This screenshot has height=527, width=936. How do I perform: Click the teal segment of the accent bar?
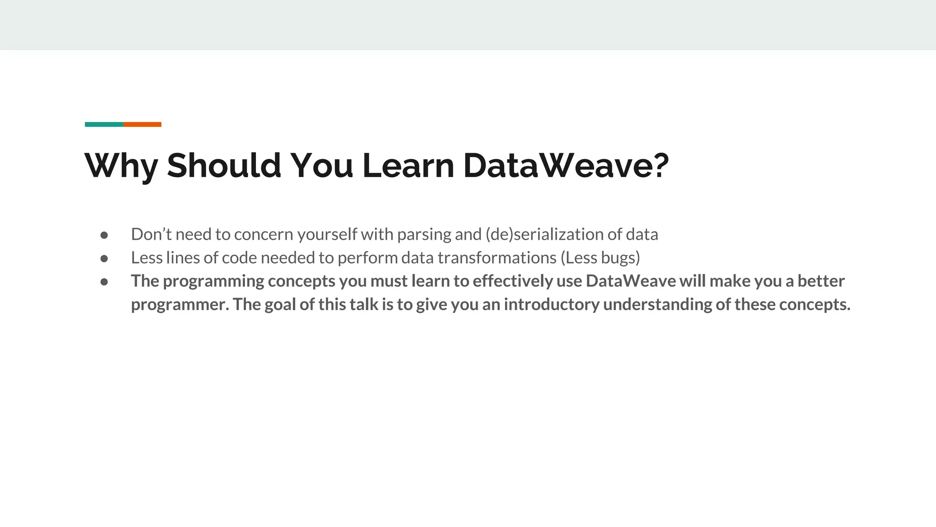pos(104,124)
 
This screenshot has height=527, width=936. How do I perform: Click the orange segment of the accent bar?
pos(142,124)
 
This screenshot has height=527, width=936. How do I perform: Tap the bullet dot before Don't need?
pos(104,235)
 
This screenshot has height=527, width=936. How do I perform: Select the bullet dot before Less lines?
pos(104,258)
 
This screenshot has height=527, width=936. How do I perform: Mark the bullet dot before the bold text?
pos(104,282)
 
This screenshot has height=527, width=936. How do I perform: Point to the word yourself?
pos(327,235)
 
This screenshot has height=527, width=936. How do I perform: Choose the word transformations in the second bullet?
pos(497,258)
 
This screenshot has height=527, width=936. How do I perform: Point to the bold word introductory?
pos(552,305)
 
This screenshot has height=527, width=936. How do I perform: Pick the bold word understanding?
pos(658,305)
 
